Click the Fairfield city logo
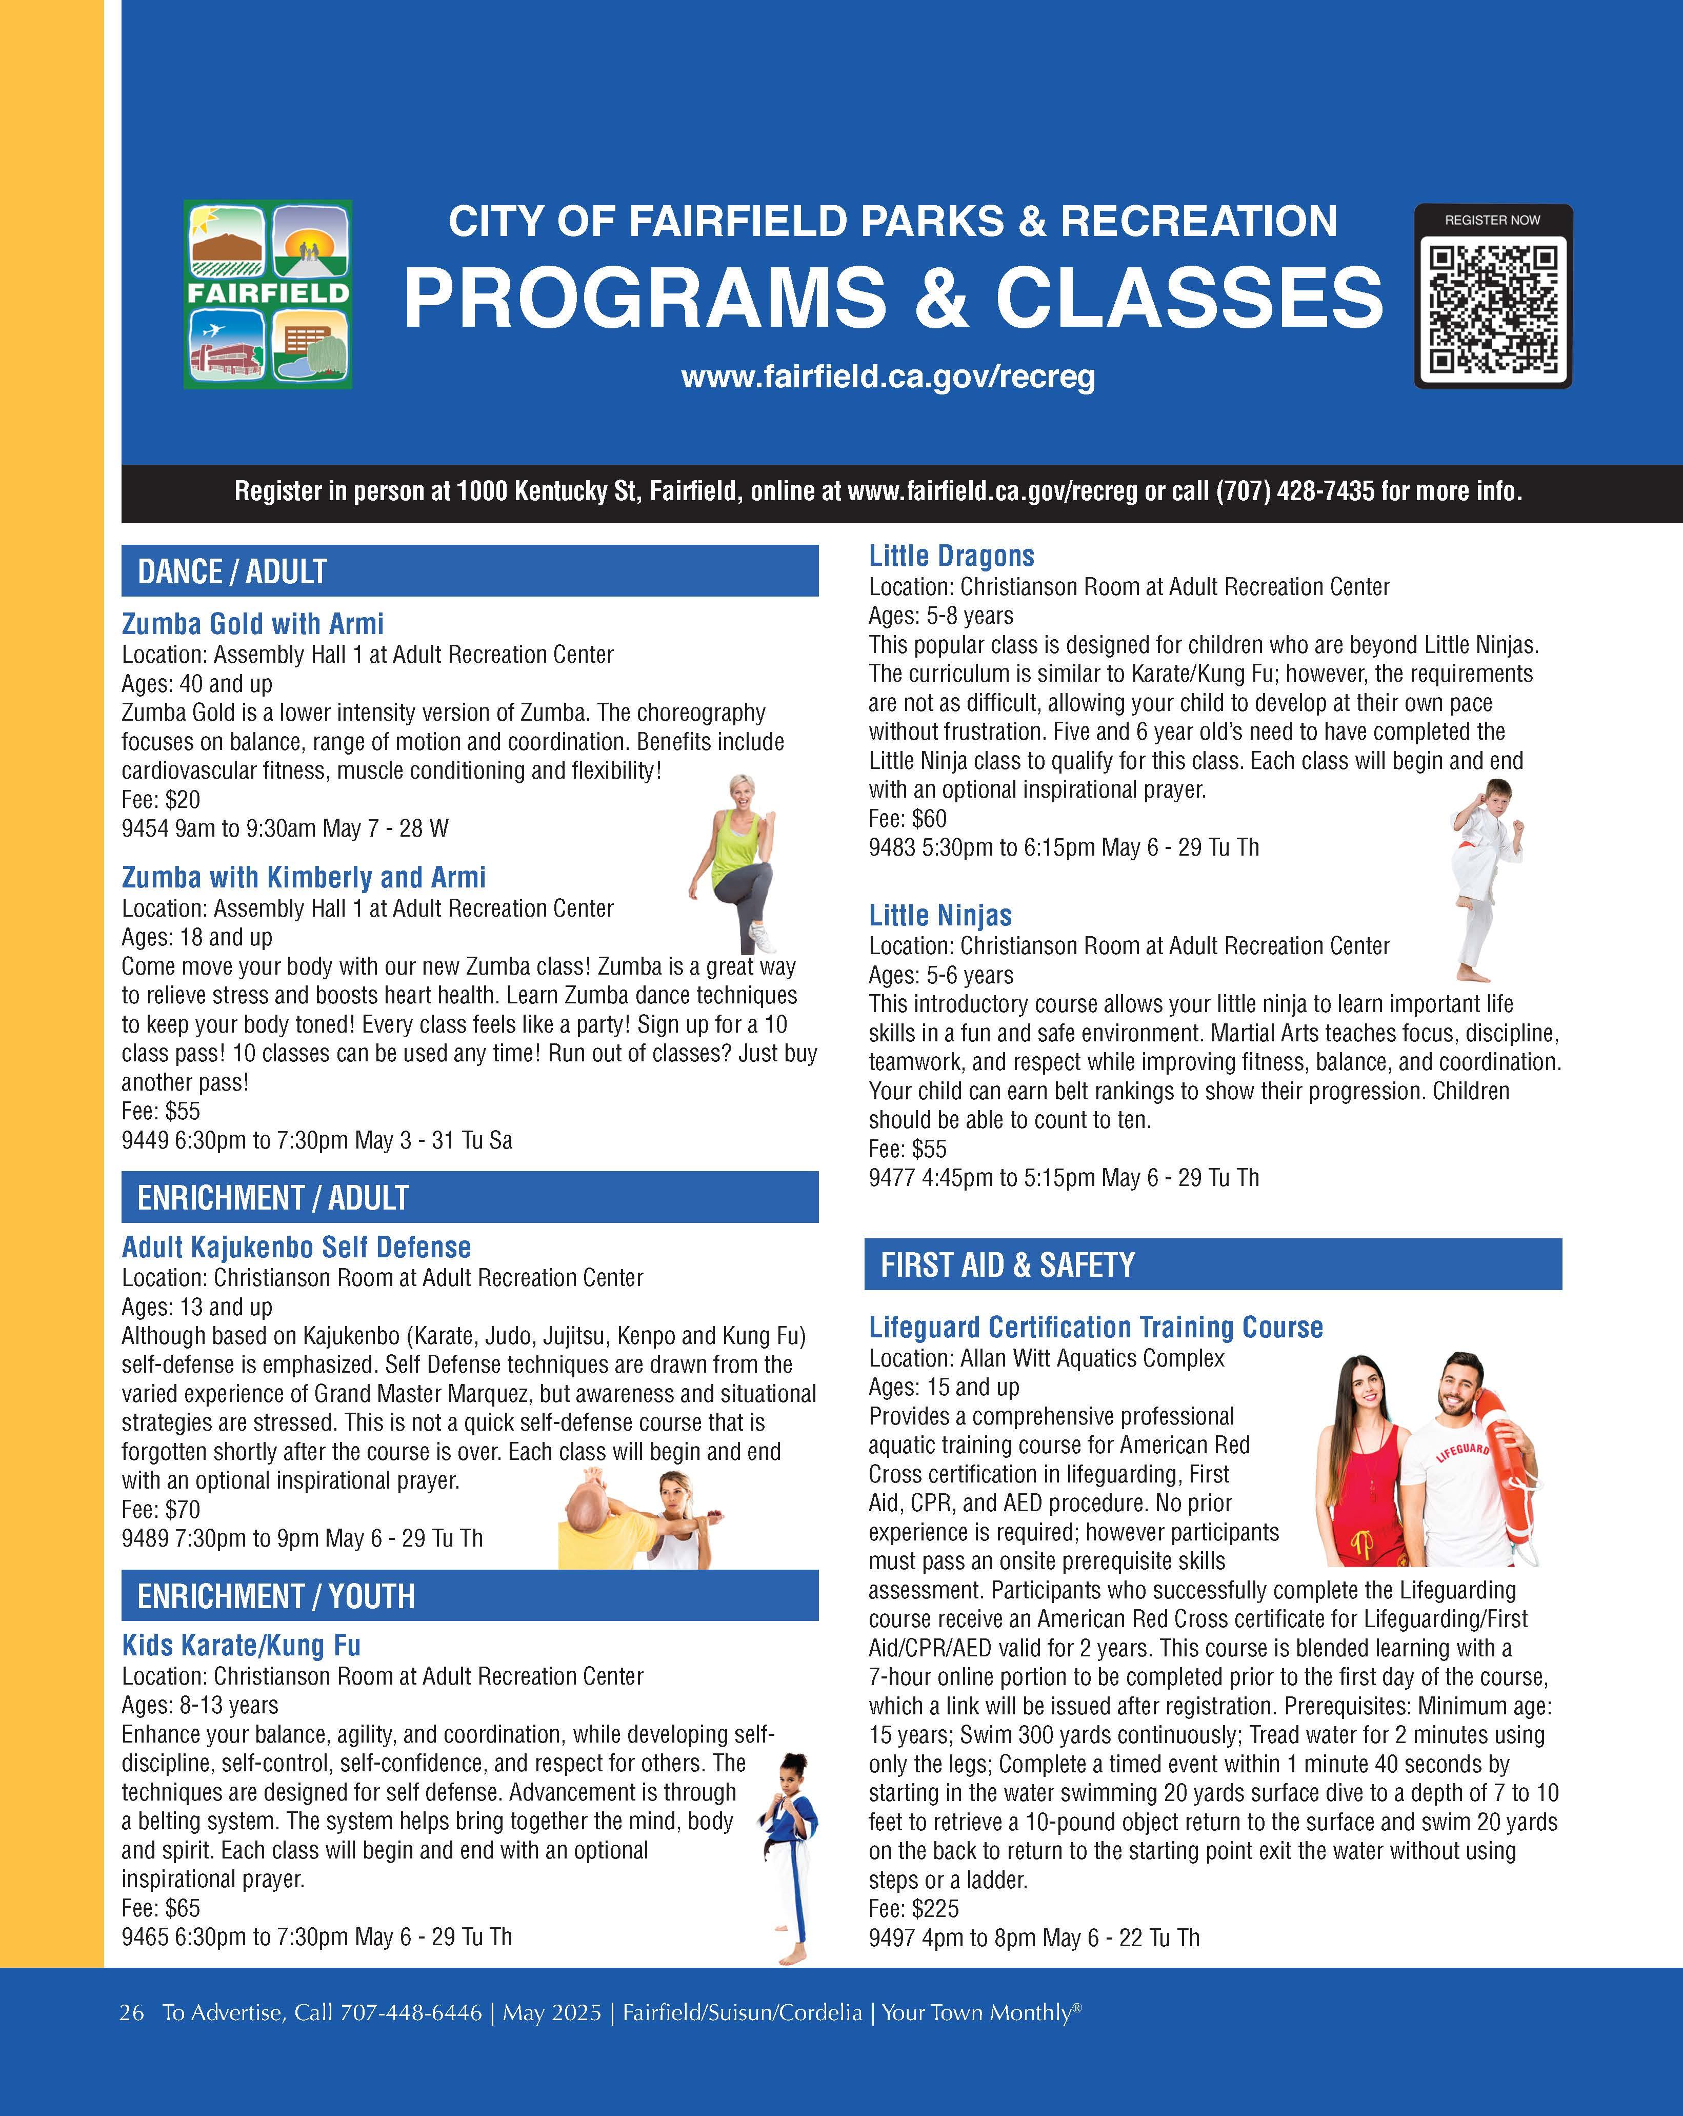coord(268,294)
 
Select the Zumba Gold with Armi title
coord(252,624)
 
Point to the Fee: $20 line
coord(161,800)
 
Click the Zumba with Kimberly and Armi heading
coord(303,877)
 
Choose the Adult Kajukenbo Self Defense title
coord(296,1248)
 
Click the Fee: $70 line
coord(161,1510)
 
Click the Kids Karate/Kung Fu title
coord(242,1646)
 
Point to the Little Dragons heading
coord(951,557)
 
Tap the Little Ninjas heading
coord(940,916)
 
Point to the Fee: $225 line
coord(914,1909)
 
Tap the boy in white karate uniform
coord(1486,878)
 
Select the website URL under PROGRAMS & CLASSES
coord(888,377)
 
